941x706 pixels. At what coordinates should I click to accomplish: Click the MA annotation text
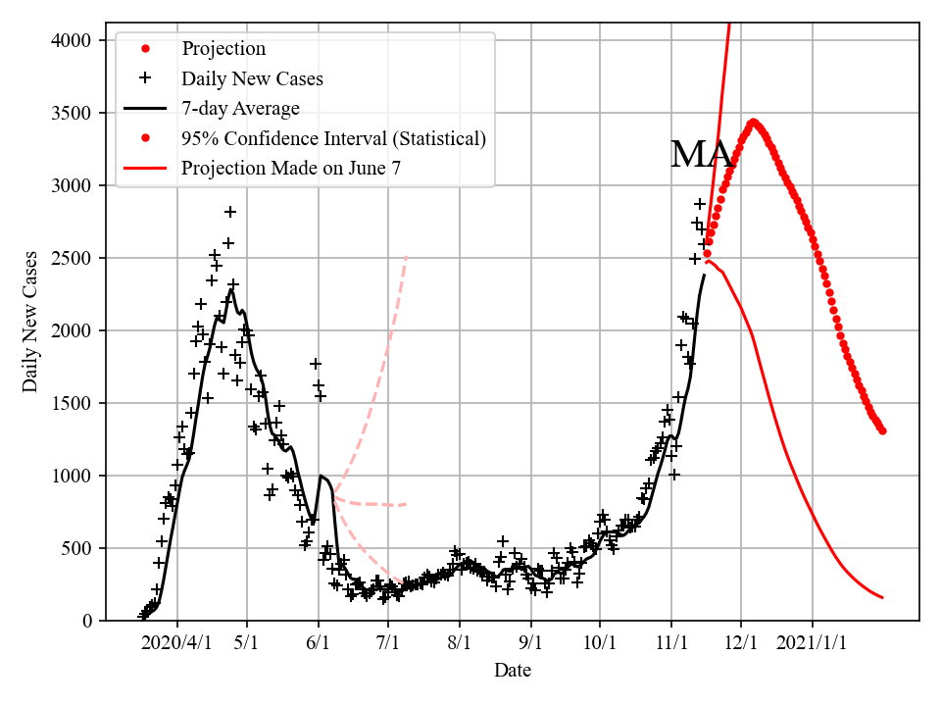click(x=700, y=156)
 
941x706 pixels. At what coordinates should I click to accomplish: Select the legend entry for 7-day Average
click(x=240, y=108)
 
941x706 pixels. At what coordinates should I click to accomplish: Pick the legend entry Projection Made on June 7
click(x=291, y=169)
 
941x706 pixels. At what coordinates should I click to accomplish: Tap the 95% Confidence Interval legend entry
click(x=333, y=138)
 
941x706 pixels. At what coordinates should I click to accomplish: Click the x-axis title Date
click(x=513, y=671)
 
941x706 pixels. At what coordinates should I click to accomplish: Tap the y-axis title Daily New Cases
click(x=31, y=321)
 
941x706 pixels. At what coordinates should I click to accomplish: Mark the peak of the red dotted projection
click(x=753, y=123)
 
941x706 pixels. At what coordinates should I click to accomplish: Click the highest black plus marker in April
click(x=230, y=212)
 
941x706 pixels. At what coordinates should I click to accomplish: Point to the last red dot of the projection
click(x=882, y=430)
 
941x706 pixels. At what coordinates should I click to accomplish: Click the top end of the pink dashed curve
click(x=406, y=257)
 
